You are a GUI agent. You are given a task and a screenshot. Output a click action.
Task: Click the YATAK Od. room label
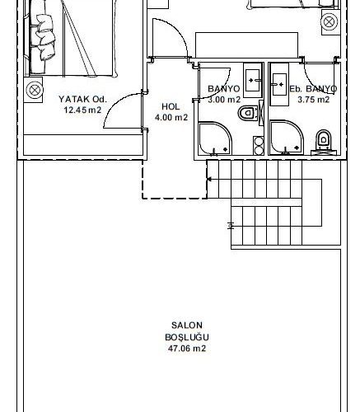point(82,99)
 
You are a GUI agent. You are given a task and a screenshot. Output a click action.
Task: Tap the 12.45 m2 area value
point(82,110)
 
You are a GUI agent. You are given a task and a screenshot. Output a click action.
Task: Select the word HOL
point(171,106)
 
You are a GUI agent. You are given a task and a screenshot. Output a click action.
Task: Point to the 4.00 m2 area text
point(171,118)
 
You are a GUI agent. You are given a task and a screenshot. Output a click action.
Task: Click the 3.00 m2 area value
point(224,100)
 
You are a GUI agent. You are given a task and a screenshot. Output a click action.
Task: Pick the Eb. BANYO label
point(313,89)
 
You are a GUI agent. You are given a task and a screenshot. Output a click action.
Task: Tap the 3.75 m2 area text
point(314,100)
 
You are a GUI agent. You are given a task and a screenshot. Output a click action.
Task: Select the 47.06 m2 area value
point(187,349)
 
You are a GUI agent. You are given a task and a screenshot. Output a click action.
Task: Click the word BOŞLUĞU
point(187,337)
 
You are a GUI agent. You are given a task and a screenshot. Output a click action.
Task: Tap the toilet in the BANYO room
point(248,113)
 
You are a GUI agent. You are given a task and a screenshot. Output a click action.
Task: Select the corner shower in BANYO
point(215,138)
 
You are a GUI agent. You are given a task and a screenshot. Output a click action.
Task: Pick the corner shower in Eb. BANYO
point(287,138)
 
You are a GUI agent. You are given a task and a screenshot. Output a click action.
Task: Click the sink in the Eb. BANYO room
point(279,84)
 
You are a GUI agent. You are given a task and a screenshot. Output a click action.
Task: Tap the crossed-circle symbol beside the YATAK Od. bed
point(35,90)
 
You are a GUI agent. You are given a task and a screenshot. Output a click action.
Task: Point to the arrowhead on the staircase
point(209,180)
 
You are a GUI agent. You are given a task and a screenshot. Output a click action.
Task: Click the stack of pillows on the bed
point(44,36)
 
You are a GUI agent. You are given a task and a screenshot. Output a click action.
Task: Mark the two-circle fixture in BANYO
point(259,146)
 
